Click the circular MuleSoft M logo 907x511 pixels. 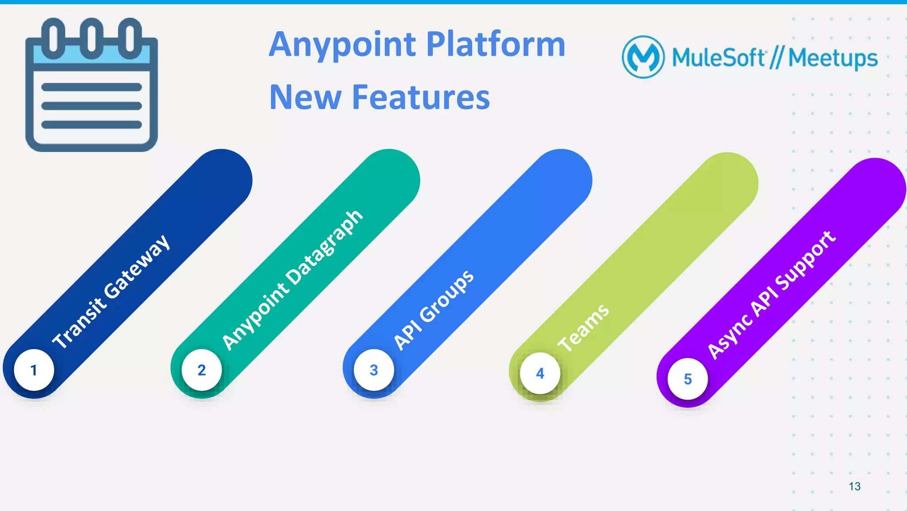click(x=643, y=57)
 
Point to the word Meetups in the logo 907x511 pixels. click(x=833, y=59)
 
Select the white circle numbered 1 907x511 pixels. click(x=34, y=370)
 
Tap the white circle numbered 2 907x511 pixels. click(x=202, y=370)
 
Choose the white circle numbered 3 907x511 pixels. click(x=374, y=370)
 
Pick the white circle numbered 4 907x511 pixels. click(x=540, y=373)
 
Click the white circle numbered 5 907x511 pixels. click(x=687, y=379)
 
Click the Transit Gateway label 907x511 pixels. click(x=111, y=292)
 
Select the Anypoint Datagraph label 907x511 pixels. click(x=292, y=280)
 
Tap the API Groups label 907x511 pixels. click(x=434, y=310)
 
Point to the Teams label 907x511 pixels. click(x=583, y=328)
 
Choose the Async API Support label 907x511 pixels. click(x=771, y=294)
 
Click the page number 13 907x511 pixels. click(x=854, y=486)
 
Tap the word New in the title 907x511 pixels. click(x=305, y=97)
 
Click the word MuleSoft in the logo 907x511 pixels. click(x=718, y=58)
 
